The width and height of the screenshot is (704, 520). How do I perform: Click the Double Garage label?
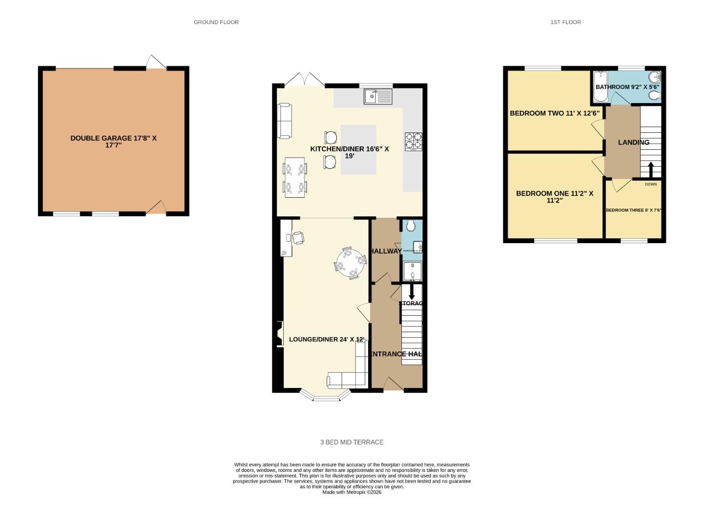(113, 141)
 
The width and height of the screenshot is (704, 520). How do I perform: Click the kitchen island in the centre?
(359, 149)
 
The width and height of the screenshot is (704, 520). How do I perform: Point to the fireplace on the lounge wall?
(279, 333)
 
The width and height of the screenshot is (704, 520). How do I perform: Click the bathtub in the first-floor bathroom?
(600, 87)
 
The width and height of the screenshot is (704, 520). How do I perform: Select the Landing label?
(633, 142)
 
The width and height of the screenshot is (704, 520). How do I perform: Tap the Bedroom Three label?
(633, 210)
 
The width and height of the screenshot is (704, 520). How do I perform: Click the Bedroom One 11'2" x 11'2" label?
(554, 196)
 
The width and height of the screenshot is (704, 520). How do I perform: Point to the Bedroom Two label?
(554, 113)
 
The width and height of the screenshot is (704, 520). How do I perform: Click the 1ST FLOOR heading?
(565, 22)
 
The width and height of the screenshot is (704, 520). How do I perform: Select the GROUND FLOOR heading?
(216, 22)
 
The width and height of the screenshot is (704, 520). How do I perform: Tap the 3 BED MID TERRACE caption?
(352, 442)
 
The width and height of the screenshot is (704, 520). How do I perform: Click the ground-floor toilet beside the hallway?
(411, 225)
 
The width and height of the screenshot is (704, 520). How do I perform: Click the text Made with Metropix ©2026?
(352, 492)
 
